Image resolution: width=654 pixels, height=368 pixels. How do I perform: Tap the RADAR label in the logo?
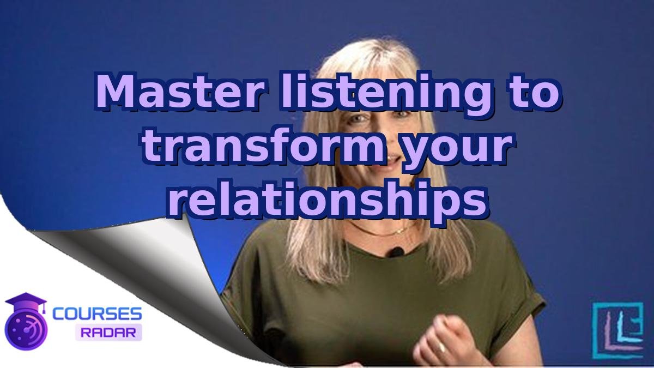(108, 331)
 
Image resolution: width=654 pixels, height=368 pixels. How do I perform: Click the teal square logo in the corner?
(617, 330)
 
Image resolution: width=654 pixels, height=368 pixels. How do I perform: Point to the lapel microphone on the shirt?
(396, 252)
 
